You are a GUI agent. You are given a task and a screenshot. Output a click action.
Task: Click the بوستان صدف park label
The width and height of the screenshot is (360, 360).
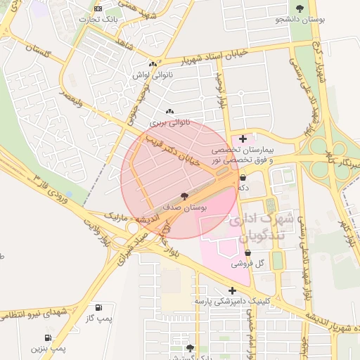(184, 208)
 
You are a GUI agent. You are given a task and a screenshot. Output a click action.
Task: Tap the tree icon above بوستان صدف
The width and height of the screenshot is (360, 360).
(184, 197)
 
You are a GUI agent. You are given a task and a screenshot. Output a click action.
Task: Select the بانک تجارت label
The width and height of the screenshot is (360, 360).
(101, 19)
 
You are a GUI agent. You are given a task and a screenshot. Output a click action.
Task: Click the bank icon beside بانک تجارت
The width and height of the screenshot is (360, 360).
(98, 8)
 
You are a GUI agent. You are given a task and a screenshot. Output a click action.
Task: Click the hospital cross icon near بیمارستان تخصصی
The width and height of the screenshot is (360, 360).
(243, 139)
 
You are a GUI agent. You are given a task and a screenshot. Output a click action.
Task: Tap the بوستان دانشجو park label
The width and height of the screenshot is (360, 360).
(300, 20)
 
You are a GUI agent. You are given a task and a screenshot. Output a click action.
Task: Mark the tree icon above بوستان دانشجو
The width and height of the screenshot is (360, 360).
(300, 8)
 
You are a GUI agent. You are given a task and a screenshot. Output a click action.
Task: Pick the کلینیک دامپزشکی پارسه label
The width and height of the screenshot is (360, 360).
(231, 301)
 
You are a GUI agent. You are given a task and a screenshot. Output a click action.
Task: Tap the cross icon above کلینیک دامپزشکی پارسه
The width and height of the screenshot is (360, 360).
(231, 290)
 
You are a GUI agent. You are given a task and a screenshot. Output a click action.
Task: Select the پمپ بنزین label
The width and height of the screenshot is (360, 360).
(48, 348)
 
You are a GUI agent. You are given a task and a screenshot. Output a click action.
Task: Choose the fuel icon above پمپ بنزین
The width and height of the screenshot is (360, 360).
(48, 337)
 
